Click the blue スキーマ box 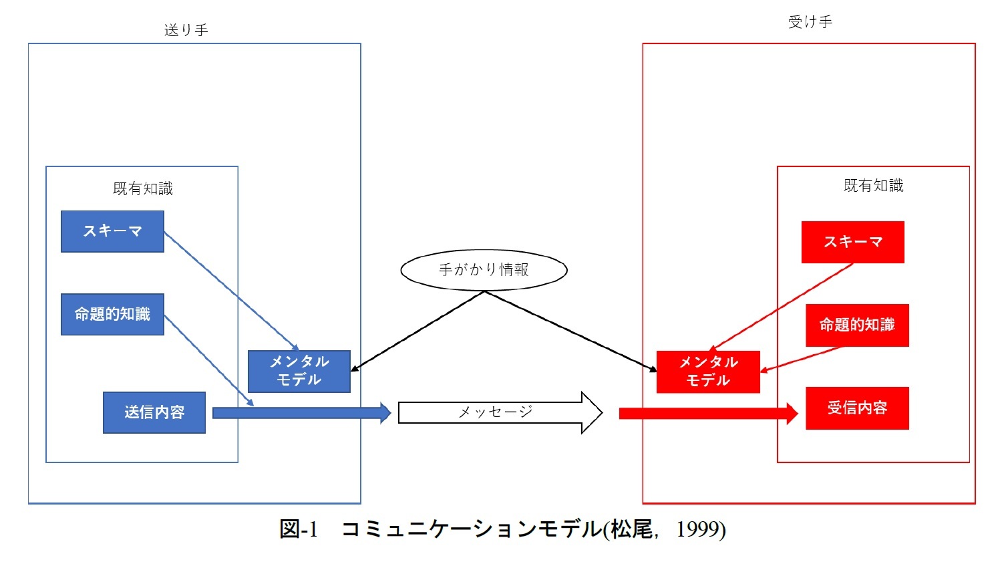click(112, 231)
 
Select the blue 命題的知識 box click(112, 314)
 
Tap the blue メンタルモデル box click(299, 371)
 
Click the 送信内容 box click(154, 412)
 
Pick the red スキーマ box click(852, 242)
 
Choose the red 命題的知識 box click(857, 325)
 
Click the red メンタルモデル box click(708, 372)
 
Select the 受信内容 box click(857, 408)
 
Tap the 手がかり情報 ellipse click(484, 270)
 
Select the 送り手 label click(186, 30)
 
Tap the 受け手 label click(810, 22)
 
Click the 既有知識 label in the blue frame click(142, 188)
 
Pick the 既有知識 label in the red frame click(873, 185)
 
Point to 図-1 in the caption click(299, 529)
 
